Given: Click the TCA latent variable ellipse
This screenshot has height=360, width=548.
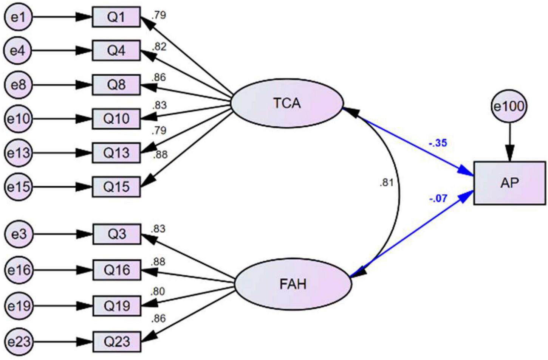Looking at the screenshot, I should click(x=287, y=103).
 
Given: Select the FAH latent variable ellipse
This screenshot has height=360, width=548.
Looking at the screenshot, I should click(x=293, y=284).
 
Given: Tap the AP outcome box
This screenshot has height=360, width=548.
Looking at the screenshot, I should click(x=509, y=183).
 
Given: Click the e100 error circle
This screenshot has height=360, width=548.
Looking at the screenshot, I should click(x=509, y=107).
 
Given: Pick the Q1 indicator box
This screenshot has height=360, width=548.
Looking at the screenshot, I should click(x=116, y=17).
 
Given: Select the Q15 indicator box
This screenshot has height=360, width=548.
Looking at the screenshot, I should click(x=116, y=187).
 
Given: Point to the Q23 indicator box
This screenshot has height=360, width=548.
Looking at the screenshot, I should click(x=117, y=342).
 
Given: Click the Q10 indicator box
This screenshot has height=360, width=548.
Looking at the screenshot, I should click(x=116, y=119).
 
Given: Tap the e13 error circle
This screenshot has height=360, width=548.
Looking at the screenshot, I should click(x=18, y=153).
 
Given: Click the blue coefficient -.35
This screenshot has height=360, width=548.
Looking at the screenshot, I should click(x=438, y=143).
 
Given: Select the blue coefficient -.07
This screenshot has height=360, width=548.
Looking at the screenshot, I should click(x=438, y=198).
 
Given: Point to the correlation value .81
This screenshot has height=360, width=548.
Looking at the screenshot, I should click(x=386, y=183).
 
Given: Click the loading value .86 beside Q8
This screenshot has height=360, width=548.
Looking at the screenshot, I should click(x=159, y=78).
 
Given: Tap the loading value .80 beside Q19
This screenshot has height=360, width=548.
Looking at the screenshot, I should click(x=158, y=292).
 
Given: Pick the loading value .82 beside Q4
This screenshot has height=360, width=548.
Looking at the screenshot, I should click(x=159, y=47).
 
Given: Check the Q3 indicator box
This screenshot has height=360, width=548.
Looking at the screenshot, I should click(x=117, y=234).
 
